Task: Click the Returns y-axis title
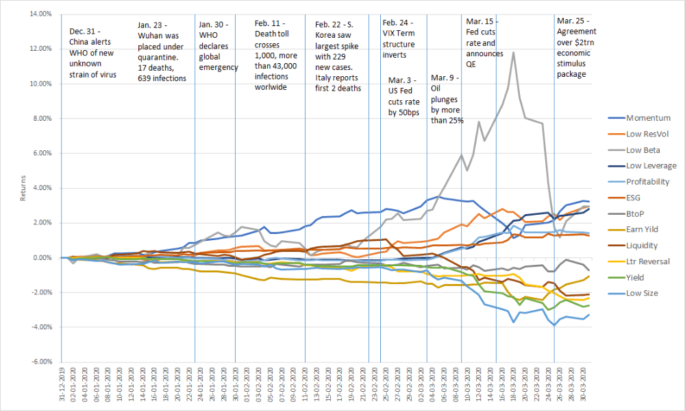[x=24, y=188]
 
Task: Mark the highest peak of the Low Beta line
[x=513, y=52]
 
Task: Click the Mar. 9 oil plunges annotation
[x=446, y=99]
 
